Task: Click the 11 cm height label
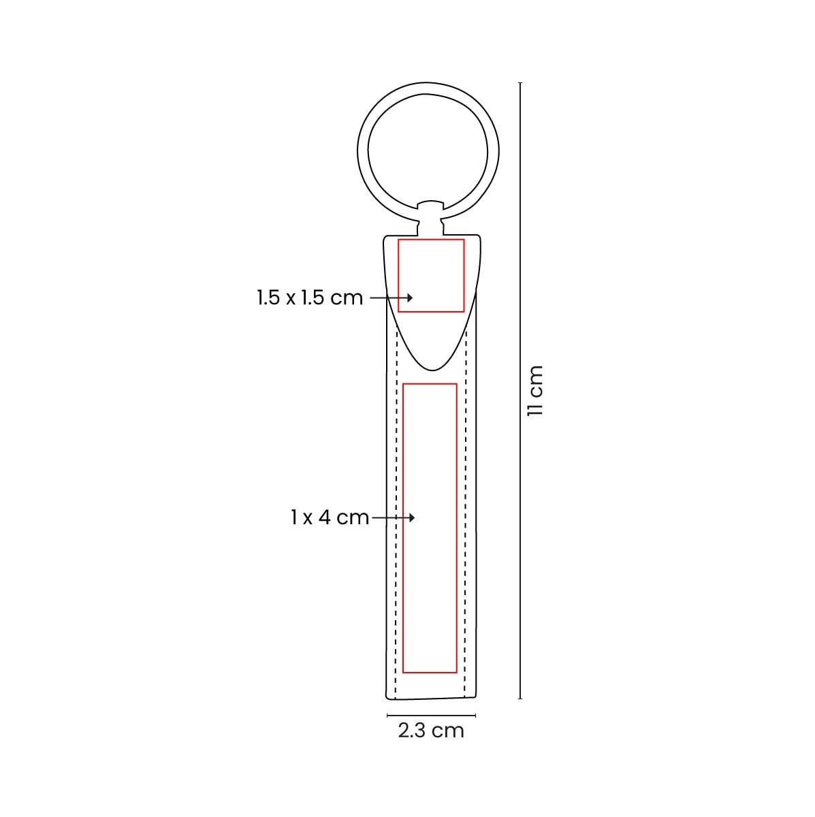point(534,391)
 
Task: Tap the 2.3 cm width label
point(431,731)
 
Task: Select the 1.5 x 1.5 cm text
point(310,298)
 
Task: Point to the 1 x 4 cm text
point(330,517)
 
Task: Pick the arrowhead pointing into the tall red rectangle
point(411,517)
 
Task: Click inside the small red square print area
point(431,276)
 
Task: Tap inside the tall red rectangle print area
point(430,528)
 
